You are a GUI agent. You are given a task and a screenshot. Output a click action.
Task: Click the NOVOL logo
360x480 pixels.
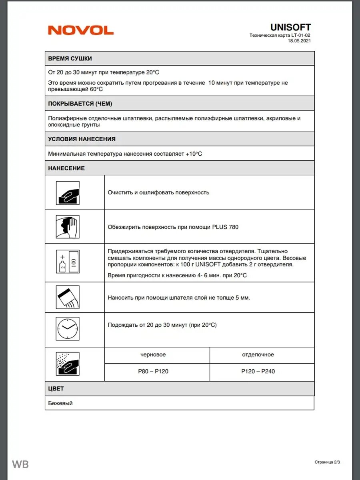[81, 30]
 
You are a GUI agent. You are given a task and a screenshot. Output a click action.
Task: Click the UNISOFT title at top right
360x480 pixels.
[290, 27]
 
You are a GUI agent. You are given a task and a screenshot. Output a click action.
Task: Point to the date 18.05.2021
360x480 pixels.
[299, 40]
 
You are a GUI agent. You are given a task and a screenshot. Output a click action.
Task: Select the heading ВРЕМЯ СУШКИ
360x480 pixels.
[70, 58]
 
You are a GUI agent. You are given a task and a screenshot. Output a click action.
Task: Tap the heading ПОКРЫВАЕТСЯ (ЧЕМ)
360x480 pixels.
[80, 104]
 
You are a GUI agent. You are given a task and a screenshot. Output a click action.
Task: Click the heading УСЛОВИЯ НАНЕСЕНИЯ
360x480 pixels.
[82, 139]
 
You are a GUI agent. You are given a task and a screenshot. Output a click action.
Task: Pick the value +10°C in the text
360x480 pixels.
[194, 154]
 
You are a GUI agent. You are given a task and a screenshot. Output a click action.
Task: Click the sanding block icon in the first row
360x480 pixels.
[68, 193]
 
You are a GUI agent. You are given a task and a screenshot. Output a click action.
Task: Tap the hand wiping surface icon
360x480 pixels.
[68, 227]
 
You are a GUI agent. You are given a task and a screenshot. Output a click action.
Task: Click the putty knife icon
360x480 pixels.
[68, 297]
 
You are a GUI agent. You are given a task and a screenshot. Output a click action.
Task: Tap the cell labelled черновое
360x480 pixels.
[153, 355]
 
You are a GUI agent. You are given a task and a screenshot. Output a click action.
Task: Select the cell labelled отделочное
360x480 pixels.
[258, 355]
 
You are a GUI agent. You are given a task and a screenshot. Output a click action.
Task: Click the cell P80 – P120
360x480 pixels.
[153, 372]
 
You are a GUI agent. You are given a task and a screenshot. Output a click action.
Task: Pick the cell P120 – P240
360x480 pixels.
[258, 372]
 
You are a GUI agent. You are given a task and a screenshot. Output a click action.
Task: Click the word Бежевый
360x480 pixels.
[60, 403]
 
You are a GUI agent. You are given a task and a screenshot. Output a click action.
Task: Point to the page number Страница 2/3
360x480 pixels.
[327, 462]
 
